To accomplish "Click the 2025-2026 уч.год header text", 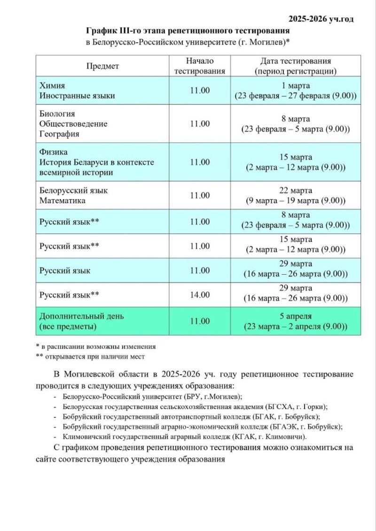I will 321,19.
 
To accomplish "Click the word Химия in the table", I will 52,86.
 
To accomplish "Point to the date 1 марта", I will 296,86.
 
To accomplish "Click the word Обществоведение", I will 73,124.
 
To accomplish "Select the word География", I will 59,134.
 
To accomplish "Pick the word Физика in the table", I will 54,152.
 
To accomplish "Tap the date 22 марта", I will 296,191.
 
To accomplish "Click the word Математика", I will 63,201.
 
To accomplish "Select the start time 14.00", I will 200,295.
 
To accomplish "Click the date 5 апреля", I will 296,316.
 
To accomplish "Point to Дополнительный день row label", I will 81,316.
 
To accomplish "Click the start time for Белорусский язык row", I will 200,195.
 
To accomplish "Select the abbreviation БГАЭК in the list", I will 287,426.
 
